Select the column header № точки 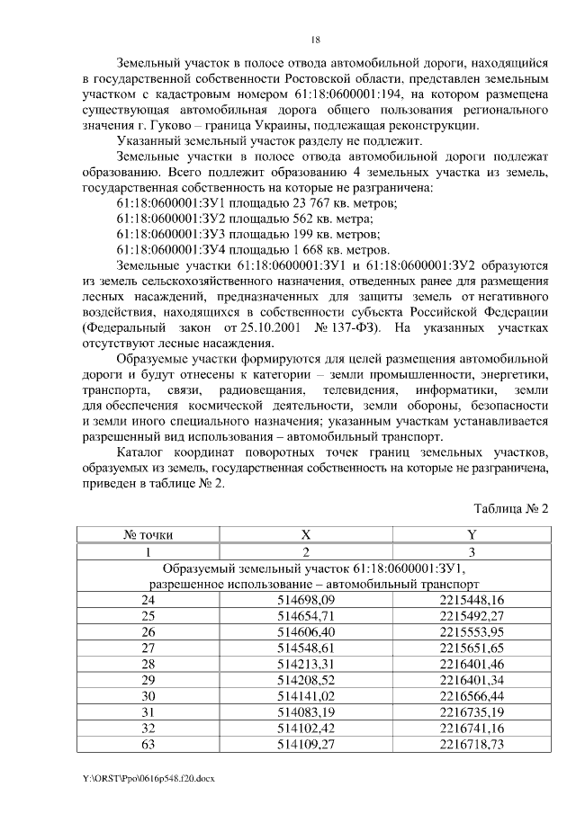click(148, 534)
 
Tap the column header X click(305, 534)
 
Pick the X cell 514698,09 click(305, 600)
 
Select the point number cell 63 click(148, 746)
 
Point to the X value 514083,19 click(305, 713)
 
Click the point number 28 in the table click(148, 665)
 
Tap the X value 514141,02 click(305, 697)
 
